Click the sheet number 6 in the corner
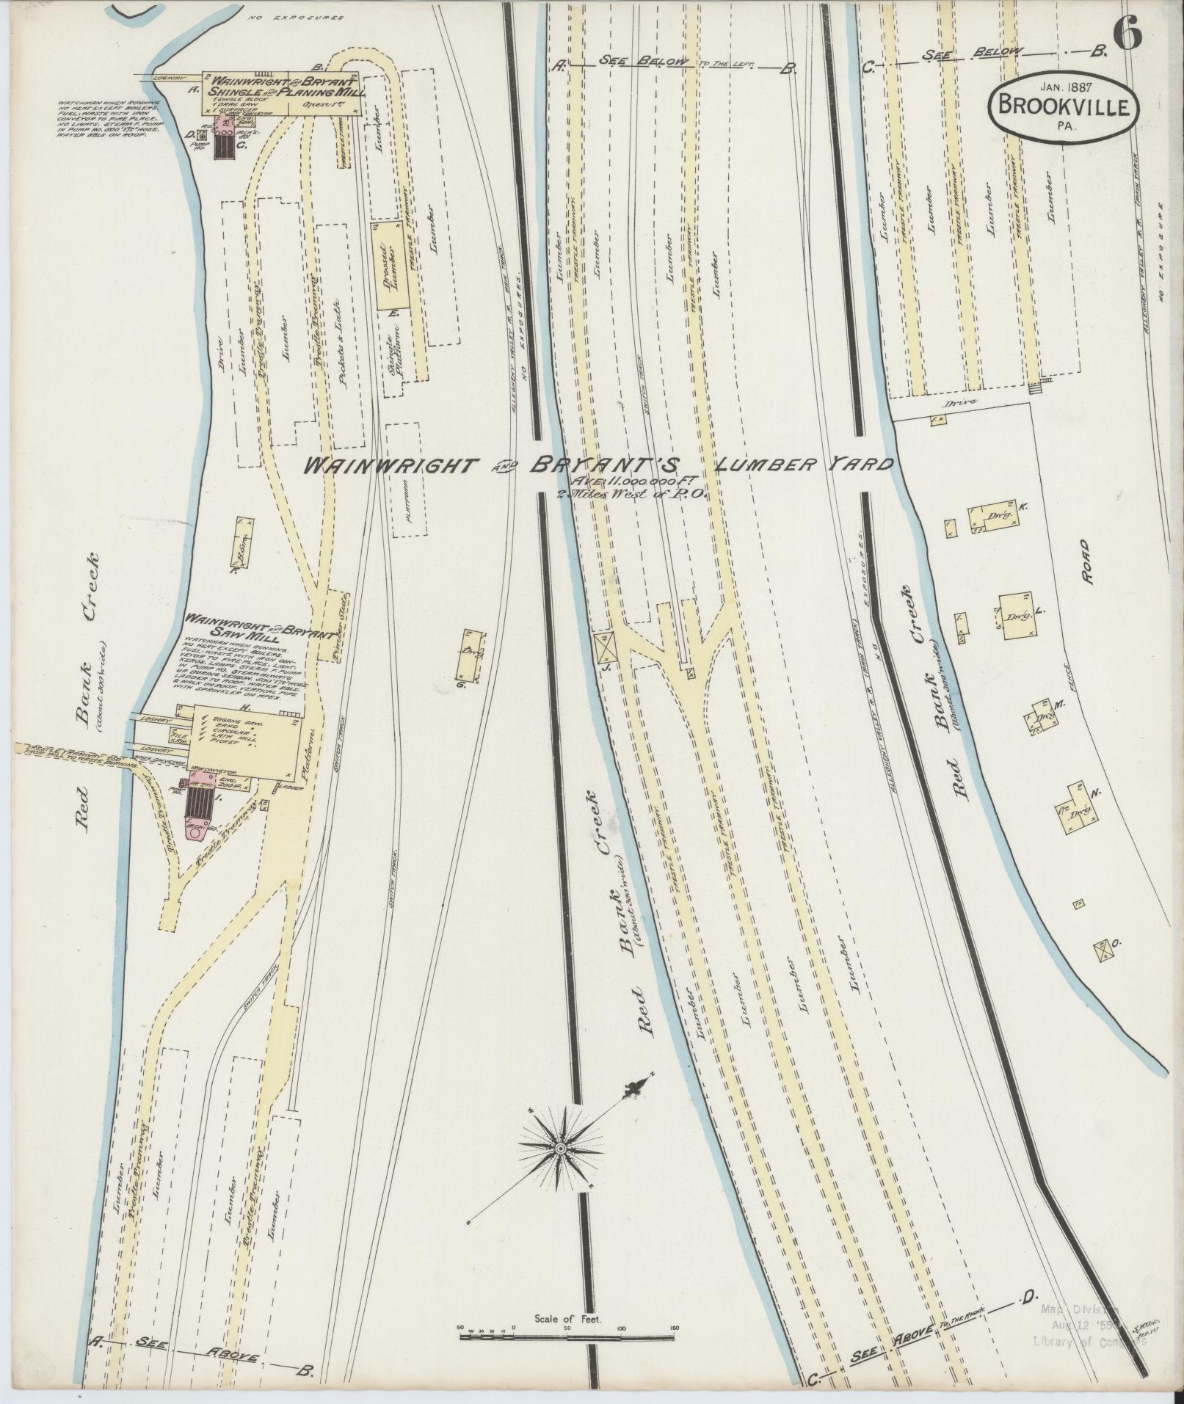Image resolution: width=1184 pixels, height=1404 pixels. pyautogui.click(x=1127, y=33)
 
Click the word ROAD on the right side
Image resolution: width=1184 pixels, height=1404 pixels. pyautogui.click(x=1085, y=563)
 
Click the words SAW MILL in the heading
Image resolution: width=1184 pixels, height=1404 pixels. pyautogui.click(x=236, y=630)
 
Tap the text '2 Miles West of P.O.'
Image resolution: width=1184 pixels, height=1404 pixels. pyautogui.click(x=631, y=495)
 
